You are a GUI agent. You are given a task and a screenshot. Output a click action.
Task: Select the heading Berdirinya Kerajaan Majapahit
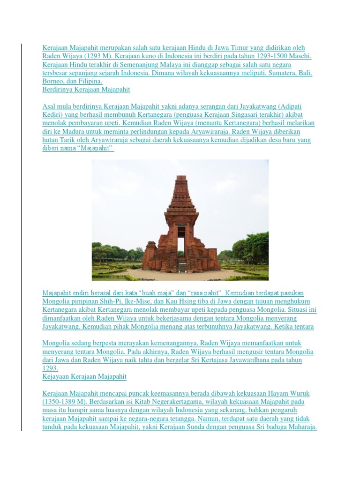(x=86, y=89)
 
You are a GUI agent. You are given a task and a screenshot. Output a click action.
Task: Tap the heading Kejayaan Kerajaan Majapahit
(x=84, y=376)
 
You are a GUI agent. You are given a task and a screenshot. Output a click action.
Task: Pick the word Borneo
(x=53, y=81)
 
